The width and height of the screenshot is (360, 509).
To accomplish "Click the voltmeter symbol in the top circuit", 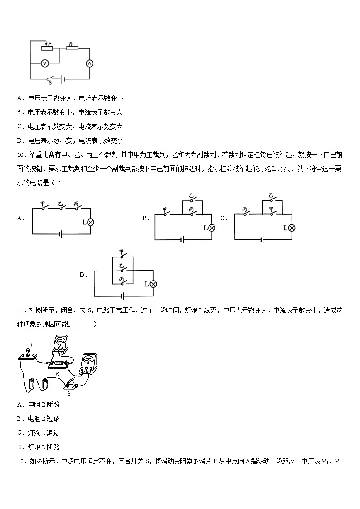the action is [44, 64].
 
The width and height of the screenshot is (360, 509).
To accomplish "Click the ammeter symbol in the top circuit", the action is [89, 64].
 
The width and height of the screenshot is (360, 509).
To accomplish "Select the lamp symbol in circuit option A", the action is [90, 222].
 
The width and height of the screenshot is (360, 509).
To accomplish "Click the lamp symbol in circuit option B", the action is [211, 228].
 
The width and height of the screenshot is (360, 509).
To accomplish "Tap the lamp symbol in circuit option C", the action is [292, 228].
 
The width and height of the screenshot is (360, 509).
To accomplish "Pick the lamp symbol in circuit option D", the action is [153, 284].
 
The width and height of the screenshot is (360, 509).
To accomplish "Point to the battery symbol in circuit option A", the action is [61, 234].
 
